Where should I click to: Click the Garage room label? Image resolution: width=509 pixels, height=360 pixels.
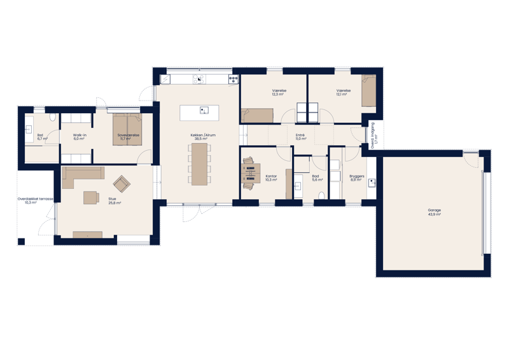coord(435,210)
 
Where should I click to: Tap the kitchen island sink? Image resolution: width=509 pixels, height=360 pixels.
coord(204,110)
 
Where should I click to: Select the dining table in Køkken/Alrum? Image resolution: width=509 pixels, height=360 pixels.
coord(200,163)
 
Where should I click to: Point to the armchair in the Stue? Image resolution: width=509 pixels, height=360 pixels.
coord(121,184)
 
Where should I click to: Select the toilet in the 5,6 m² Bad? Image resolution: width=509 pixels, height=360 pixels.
coord(322,196)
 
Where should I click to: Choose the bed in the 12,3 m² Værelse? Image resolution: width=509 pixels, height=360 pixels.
coord(257,115)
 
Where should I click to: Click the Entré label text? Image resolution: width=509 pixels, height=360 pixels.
coord(300,135)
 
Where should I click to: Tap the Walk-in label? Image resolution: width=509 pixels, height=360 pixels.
coord(79,135)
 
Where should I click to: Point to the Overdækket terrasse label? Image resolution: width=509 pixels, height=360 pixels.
coord(36,199)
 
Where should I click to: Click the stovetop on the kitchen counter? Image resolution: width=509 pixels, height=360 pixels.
coord(233,80)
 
